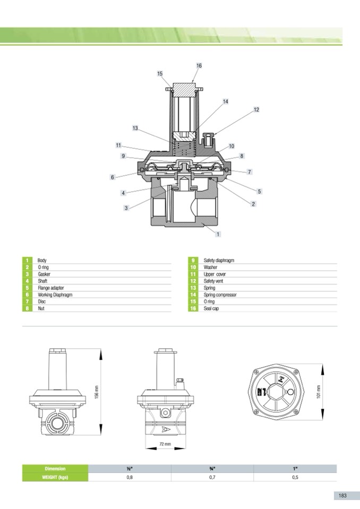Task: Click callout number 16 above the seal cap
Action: click(199, 66)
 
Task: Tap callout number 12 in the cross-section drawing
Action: click(256, 110)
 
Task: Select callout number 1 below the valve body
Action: click(218, 234)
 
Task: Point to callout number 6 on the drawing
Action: click(113, 177)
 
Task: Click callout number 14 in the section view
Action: click(226, 101)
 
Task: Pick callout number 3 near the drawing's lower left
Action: click(126, 208)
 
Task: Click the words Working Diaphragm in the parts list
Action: click(55, 295)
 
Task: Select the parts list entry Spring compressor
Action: click(220, 295)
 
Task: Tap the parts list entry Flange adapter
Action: click(51, 288)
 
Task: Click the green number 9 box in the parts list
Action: click(193, 261)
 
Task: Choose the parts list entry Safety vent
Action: click(213, 281)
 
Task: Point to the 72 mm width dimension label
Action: click(166, 444)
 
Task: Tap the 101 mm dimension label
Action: click(319, 392)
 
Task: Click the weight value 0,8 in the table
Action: click(130, 477)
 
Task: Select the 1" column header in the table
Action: click(295, 469)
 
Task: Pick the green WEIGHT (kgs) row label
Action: click(55, 477)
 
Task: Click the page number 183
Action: click(342, 495)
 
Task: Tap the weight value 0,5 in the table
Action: click(295, 477)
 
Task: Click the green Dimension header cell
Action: click(55, 469)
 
